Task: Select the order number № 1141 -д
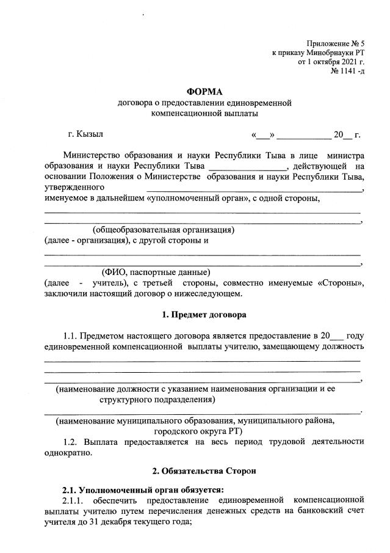point(347,72)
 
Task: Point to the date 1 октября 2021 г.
point(335,62)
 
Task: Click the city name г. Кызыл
point(85,134)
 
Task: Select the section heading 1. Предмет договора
point(204,316)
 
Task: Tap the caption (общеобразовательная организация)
point(164,230)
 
